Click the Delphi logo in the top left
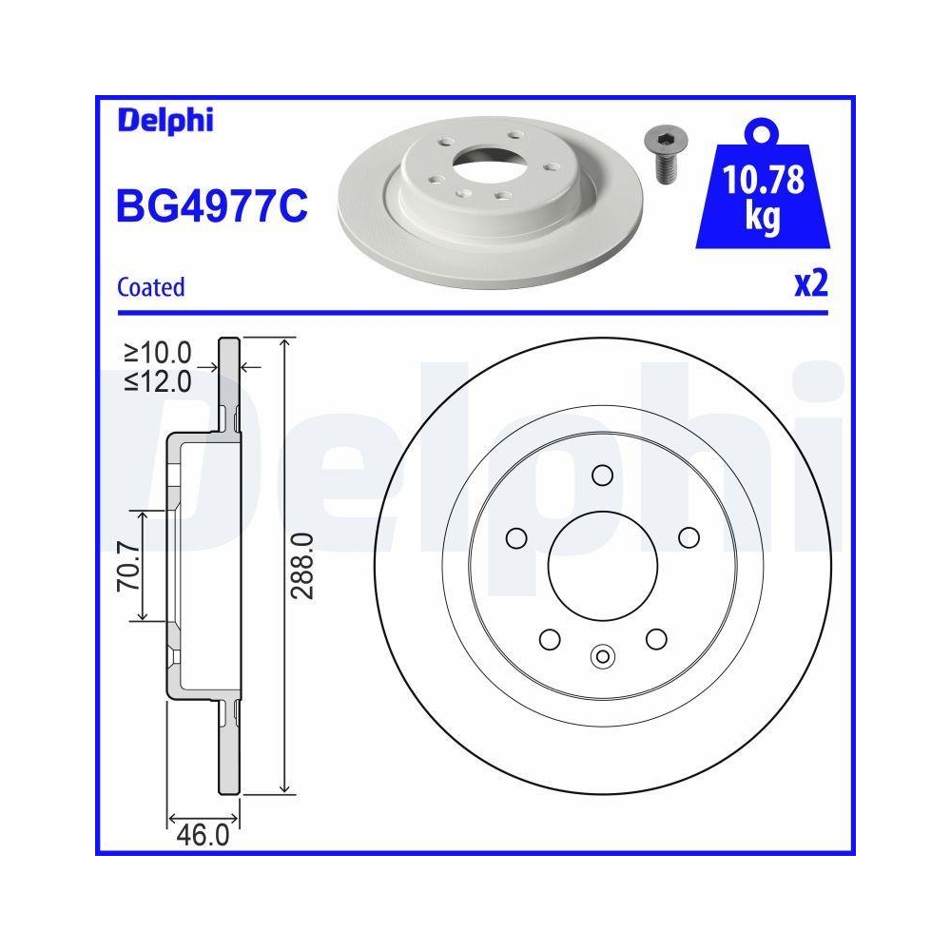(165, 121)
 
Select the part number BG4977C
(211, 205)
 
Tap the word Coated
(150, 286)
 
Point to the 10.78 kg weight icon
(761, 195)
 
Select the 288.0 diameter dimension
(301, 565)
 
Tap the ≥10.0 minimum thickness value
(158, 354)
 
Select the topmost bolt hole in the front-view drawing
(601, 474)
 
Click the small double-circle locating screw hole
(601, 655)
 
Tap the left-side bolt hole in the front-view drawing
(516, 538)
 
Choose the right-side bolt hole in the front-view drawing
(688, 538)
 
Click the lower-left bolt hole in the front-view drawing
(549, 638)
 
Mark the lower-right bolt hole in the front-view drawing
(654, 638)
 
